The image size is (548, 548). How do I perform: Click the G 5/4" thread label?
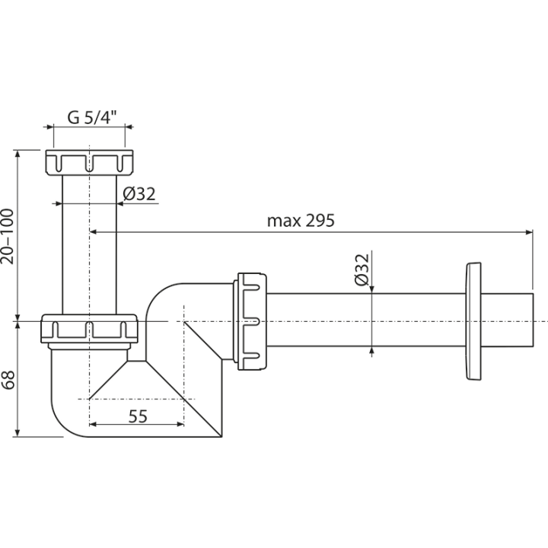click(92, 117)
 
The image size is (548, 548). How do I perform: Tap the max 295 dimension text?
click(301, 221)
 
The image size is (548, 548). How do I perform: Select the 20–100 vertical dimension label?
click(8, 237)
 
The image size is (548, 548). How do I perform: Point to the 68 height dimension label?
click(8, 379)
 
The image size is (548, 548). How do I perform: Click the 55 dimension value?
click(138, 416)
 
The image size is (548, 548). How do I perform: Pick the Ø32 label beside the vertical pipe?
click(139, 194)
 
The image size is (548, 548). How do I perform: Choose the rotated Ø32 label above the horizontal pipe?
click(362, 269)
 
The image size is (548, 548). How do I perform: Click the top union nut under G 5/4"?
click(90, 163)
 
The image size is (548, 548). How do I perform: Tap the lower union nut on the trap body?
click(90, 329)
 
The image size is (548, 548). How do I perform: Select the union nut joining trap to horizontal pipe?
click(253, 321)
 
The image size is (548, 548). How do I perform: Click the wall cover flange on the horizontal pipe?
click(473, 321)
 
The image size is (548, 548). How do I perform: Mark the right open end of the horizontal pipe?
click(533, 320)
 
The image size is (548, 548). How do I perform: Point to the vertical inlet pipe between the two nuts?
click(89, 244)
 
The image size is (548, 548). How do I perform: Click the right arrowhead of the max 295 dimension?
click(530, 231)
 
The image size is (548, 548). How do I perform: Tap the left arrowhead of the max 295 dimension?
click(94, 231)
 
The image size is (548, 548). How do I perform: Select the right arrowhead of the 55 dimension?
click(180, 424)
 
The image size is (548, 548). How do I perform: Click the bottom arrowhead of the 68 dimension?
click(17, 433)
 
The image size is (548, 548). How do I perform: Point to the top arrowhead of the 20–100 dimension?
click(17, 154)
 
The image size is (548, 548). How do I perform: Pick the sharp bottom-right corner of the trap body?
click(221, 437)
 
